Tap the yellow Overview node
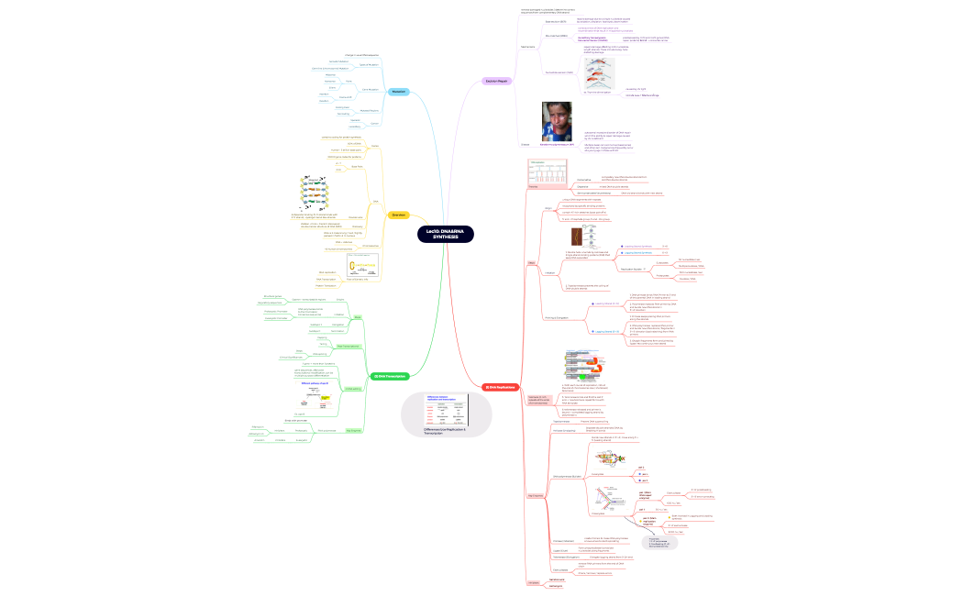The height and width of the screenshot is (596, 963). point(398,215)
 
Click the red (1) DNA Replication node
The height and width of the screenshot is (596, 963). point(500,387)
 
